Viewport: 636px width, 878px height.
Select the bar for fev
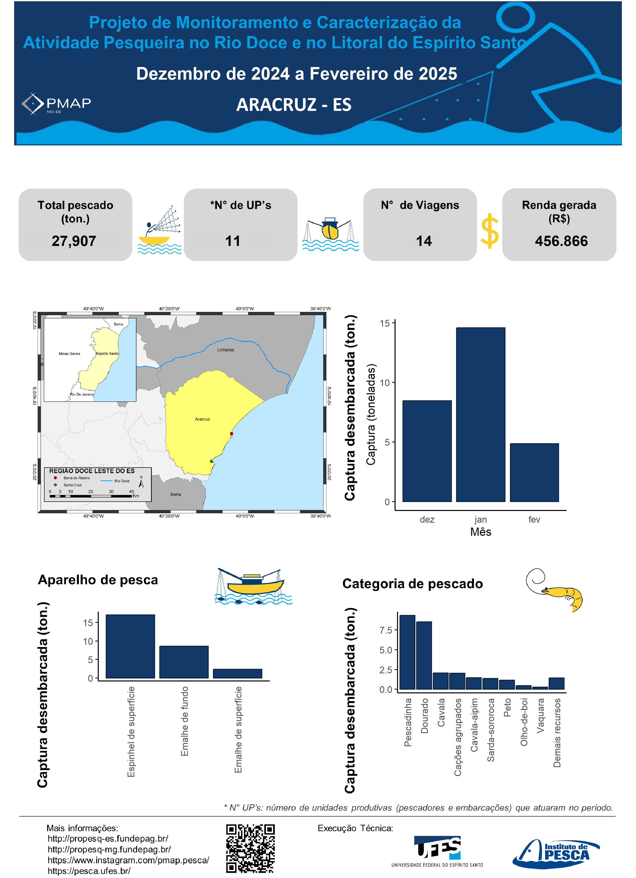click(534, 472)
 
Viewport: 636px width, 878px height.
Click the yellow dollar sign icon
click(490, 231)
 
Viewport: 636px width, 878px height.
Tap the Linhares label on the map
click(226, 350)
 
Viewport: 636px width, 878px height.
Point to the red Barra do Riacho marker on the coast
click(232, 434)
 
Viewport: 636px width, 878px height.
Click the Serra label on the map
click(175, 494)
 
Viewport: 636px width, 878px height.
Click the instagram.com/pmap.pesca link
click(128, 860)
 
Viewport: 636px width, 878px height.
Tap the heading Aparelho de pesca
click(98, 580)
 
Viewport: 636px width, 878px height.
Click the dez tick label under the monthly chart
click(427, 519)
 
